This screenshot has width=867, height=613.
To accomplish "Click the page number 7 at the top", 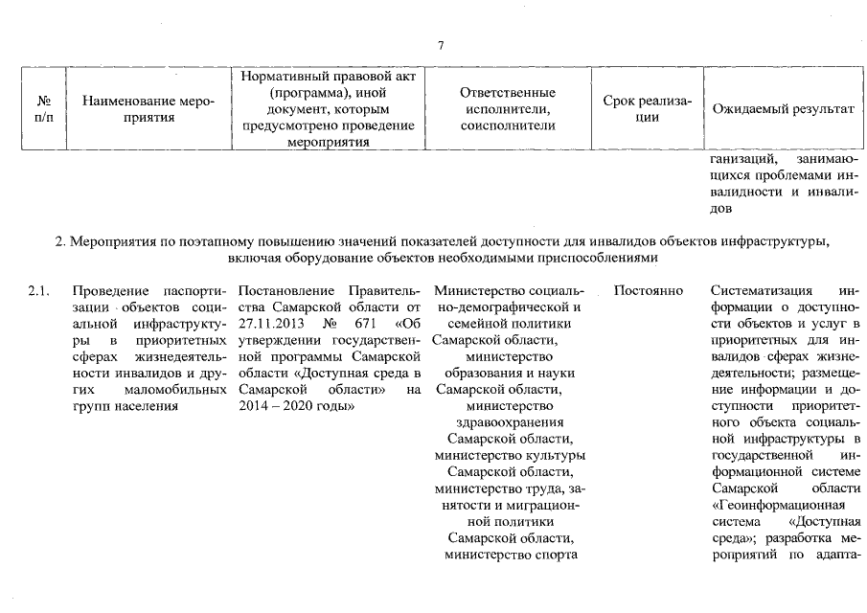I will pyautogui.click(x=440, y=45).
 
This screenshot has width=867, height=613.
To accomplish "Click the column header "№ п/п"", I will pyautogui.click(x=43, y=109).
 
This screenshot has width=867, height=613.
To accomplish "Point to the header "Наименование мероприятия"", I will pyautogui.click(x=148, y=109).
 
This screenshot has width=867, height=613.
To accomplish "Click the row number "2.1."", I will pyautogui.click(x=40, y=290).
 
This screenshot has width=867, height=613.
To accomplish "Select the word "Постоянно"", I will pyautogui.click(x=649, y=290).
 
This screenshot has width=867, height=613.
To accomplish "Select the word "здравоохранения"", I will pyautogui.click(x=508, y=421).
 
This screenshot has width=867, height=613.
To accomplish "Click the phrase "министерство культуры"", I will pyautogui.click(x=509, y=455).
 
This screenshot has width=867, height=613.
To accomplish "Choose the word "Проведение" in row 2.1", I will pyautogui.click(x=110, y=290).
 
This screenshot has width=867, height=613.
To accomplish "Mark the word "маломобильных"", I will pyautogui.click(x=174, y=389).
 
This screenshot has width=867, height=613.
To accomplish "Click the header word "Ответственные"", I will pyautogui.click(x=508, y=93).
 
